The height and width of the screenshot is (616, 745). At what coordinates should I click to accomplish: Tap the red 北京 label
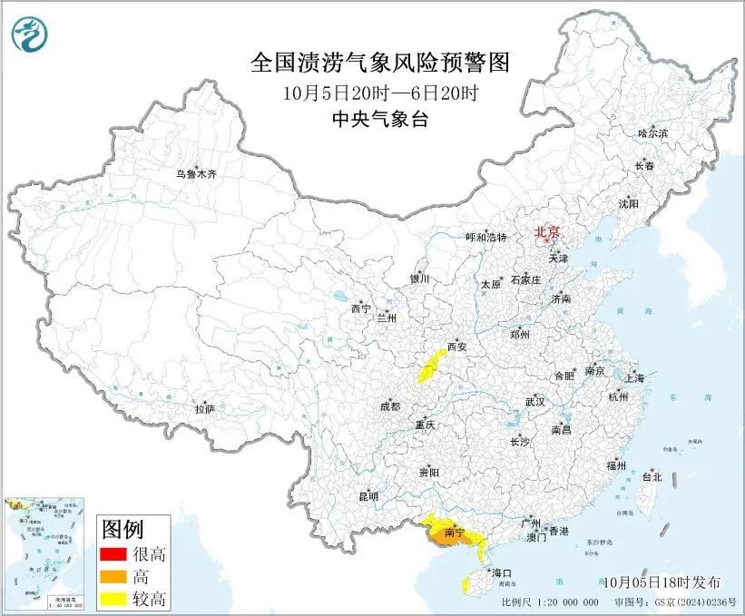547,231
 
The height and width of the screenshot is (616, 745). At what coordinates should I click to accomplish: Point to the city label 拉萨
204,409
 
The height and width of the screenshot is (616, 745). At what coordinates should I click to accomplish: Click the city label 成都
390,406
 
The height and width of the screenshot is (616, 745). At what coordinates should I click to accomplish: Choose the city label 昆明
368,496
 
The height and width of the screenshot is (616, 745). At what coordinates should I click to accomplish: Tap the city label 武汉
534,401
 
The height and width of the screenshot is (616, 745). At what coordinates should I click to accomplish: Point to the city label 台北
652,476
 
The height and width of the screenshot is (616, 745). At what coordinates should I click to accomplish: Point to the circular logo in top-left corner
30,34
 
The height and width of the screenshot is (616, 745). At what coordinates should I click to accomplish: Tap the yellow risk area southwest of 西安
427,371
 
